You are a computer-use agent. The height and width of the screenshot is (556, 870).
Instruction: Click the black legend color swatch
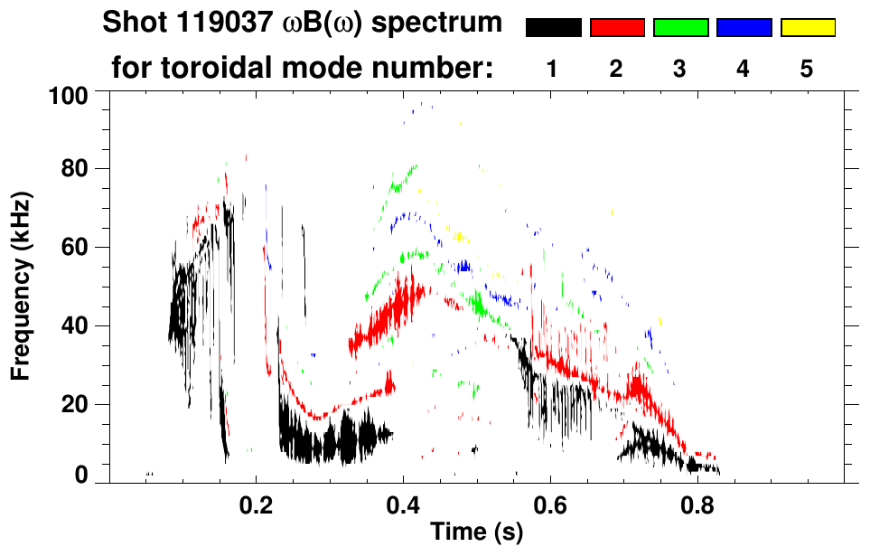point(553,28)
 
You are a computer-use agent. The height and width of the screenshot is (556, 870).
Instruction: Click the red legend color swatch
point(617,28)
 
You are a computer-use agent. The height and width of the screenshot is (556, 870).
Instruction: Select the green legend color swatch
point(680,28)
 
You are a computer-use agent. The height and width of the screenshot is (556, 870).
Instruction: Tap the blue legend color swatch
point(744,28)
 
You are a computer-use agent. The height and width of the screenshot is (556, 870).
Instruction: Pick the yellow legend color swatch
point(807,28)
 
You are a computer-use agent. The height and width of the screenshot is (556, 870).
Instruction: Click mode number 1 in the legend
point(552,69)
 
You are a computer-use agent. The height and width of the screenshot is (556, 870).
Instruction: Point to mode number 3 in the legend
point(679,69)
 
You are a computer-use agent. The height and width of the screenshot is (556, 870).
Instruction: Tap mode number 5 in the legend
point(807,69)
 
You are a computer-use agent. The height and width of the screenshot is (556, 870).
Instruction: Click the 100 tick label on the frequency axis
point(70,94)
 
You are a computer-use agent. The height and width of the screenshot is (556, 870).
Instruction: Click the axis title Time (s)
point(476,532)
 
